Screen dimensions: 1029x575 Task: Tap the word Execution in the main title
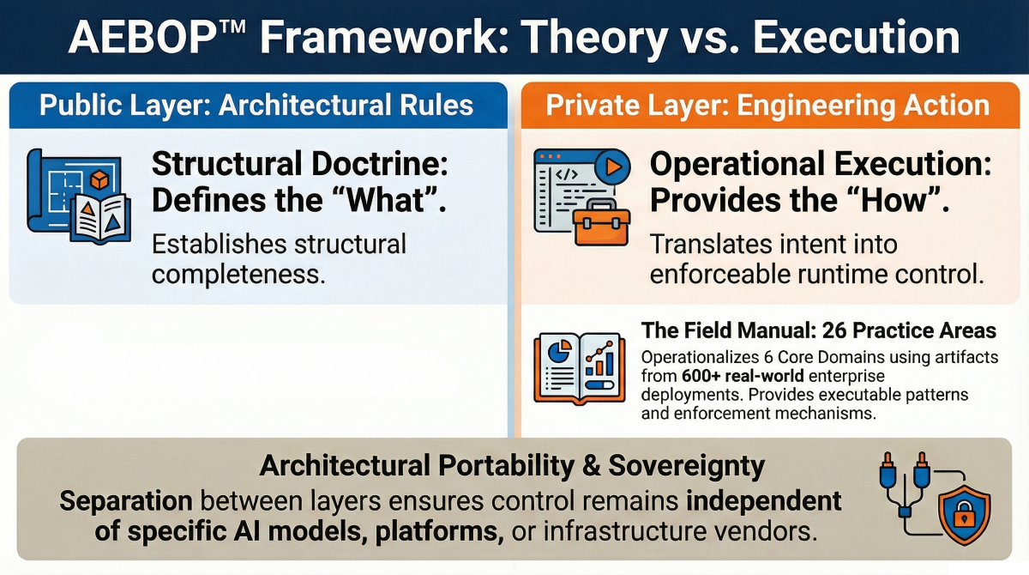click(x=857, y=38)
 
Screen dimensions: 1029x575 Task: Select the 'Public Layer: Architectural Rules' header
click(x=256, y=106)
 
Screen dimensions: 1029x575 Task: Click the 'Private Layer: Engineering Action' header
click(x=767, y=106)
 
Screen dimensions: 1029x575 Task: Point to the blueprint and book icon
click(x=79, y=197)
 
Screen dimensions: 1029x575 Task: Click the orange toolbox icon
click(x=602, y=223)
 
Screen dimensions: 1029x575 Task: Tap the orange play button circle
click(x=613, y=166)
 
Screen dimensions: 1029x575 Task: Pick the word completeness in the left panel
click(x=238, y=274)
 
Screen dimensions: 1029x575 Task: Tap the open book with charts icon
click(x=580, y=369)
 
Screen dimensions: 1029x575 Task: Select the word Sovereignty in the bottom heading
click(x=687, y=466)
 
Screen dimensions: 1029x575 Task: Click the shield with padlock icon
click(x=964, y=514)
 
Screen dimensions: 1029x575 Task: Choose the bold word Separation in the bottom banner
click(x=126, y=501)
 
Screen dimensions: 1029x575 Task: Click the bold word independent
click(x=763, y=500)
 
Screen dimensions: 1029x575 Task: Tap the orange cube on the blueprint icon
click(x=99, y=179)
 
